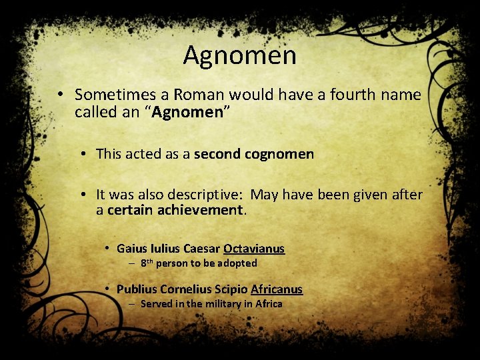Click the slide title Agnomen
click(239, 55)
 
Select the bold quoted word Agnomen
click(187, 112)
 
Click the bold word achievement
click(204, 211)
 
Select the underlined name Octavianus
click(254, 249)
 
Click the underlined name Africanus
click(277, 289)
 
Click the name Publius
click(136, 289)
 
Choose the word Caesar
click(201, 249)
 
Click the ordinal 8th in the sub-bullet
click(147, 263)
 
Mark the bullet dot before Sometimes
click(60, 95)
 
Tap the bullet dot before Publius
click(107, 289)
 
